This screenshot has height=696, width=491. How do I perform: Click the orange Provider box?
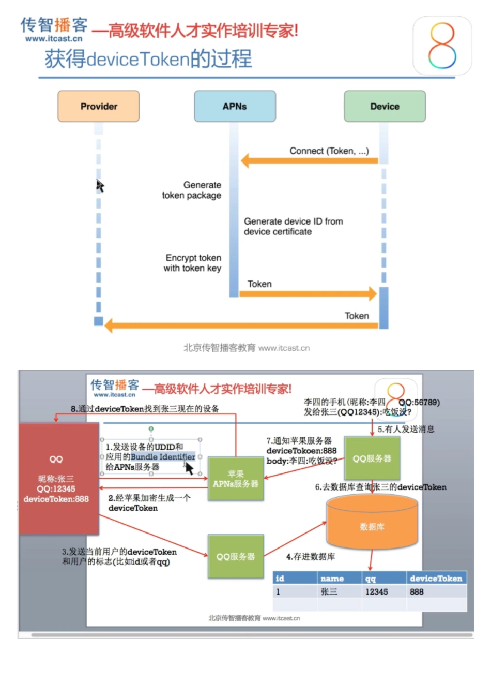(x=98, y=107)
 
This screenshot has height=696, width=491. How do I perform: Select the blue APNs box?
(x=235, y=107)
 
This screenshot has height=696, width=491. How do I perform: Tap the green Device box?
(x=385, y=107)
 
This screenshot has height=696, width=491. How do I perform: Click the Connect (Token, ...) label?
(x=329, y=151)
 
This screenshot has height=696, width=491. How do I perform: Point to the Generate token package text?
(x=192, y=190)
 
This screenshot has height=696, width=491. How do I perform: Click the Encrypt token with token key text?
(x=192, y=263)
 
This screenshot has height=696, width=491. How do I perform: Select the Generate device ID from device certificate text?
(x=293, y=227)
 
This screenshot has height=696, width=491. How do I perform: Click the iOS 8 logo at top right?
(x=442, y=46)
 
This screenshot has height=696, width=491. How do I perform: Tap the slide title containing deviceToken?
(x=148, y=59)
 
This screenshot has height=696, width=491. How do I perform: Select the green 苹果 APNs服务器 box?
(x=236, y=479)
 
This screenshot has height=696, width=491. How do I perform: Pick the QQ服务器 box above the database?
(x=372, y=458)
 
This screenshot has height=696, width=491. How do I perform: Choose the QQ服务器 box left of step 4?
(x=236, y=557)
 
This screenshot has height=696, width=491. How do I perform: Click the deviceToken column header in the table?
(x=436, y=579)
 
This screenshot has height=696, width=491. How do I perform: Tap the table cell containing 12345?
(x=376, y=591)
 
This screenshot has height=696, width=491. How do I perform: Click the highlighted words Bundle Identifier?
(x=163, y=457)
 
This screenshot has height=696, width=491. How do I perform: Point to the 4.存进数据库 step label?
(x=310, y=557)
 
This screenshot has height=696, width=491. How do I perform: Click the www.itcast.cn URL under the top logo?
(x=54, y=39)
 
